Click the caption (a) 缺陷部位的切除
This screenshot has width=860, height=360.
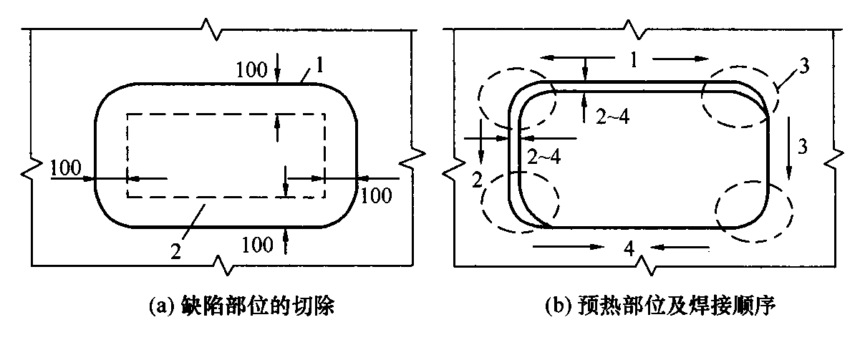point(241,306)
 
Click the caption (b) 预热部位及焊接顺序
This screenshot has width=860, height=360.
point(660,306)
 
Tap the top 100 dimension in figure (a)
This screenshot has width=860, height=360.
point(251,70)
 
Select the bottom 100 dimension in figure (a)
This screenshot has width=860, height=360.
point(257,245)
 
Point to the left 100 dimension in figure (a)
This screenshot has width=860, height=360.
point(66,167)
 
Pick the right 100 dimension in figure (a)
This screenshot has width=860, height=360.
point(376,195)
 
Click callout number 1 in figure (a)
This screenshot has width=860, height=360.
point(319,65)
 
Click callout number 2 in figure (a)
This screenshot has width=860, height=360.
point(175,252)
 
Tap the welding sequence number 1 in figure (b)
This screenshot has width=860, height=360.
point(634,59)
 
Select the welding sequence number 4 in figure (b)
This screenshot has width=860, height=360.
point(629,248)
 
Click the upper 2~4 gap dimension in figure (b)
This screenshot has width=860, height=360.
point(613,116)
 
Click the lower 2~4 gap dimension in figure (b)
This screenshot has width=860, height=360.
point(544,157)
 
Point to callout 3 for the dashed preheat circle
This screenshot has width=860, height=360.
point(804,66)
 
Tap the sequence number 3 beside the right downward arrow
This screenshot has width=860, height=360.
point(803,147)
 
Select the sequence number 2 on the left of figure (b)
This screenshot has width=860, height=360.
point(476,180)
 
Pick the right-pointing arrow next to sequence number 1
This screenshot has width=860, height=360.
point(681,59)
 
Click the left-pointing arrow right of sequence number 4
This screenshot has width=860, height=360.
point(680,248)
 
